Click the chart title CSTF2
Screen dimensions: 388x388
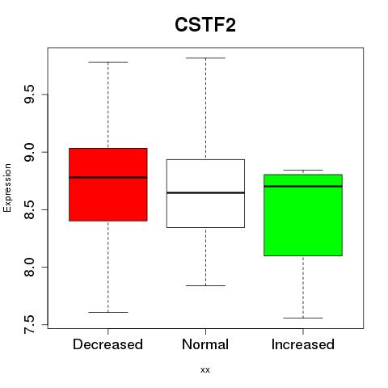[205, 25]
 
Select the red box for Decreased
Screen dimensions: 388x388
[108, 184]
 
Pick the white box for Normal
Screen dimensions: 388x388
[205, 193]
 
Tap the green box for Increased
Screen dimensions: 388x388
[303, 215]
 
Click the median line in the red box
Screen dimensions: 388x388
[108, 177]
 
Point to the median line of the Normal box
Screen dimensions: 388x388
[205, 192]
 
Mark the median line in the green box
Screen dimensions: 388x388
[303, 186]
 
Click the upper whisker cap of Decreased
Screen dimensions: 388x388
[108, 62]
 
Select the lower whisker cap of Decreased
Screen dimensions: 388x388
[108, 312]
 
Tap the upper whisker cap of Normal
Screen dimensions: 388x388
[205, 58]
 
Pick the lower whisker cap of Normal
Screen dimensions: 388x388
[205, 285]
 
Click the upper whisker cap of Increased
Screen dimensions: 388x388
[303, 170]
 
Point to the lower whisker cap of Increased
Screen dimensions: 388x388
[303, 318]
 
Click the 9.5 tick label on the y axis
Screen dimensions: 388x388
[29, 95]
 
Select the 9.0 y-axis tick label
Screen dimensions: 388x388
[29, 152]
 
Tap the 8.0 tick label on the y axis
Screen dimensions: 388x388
[29, 267]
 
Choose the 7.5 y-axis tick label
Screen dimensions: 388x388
[29, 324]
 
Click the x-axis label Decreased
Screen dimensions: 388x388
[108, 344]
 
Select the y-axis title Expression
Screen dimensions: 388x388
[7, 188]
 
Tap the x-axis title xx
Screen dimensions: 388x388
[205, 370]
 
